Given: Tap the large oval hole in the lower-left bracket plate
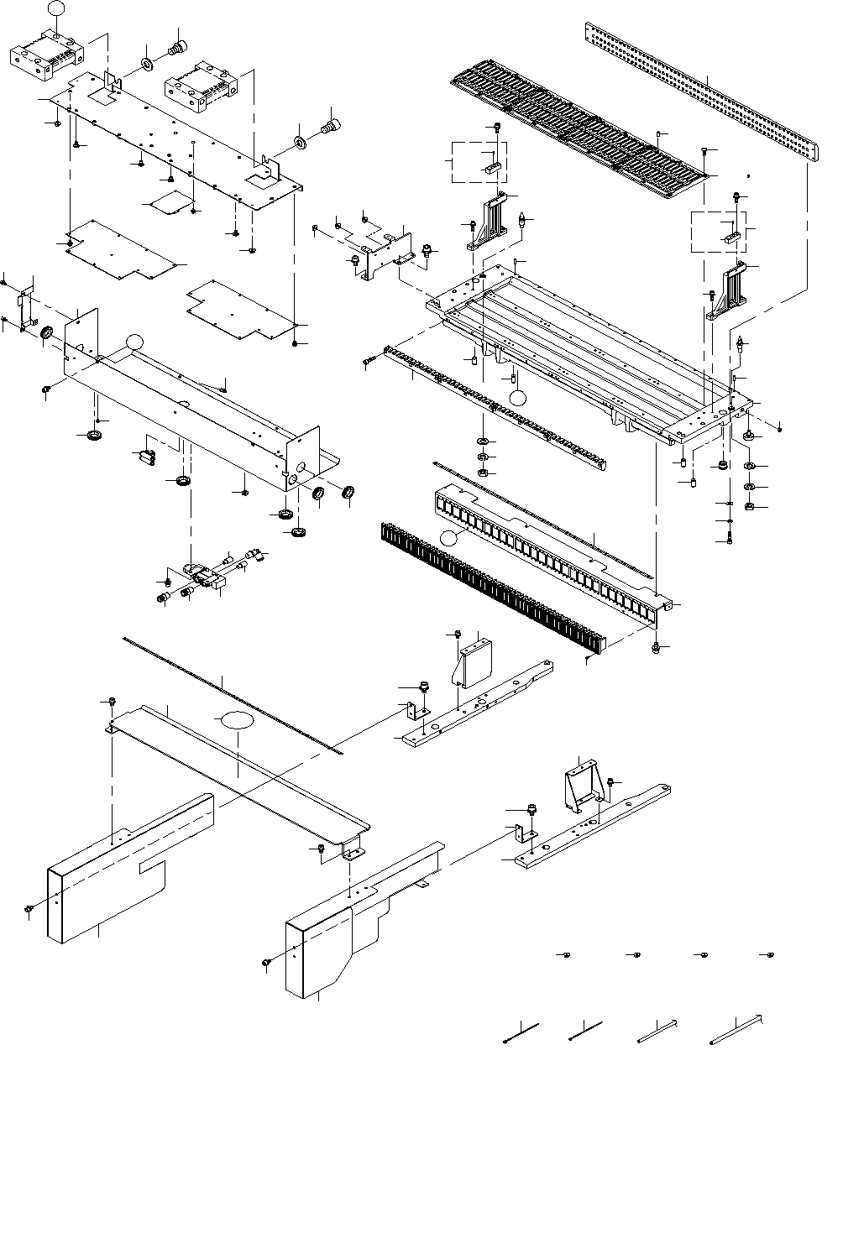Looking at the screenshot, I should [x=236, y=720].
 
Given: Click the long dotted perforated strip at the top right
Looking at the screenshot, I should [x=701, y=92].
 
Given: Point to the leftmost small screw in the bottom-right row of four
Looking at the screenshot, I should [x=567, y=955].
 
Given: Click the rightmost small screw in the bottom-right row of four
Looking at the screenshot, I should [x=771, y=955].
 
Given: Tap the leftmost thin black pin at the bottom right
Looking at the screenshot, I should [x=521, y=1033].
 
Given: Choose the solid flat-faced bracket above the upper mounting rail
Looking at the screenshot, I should [x=472, y=662].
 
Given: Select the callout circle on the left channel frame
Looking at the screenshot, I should [x=134, y=341].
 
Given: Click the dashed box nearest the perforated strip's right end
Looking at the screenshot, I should [x=718, y=232].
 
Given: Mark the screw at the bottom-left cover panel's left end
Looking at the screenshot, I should [x=29, y=909].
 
